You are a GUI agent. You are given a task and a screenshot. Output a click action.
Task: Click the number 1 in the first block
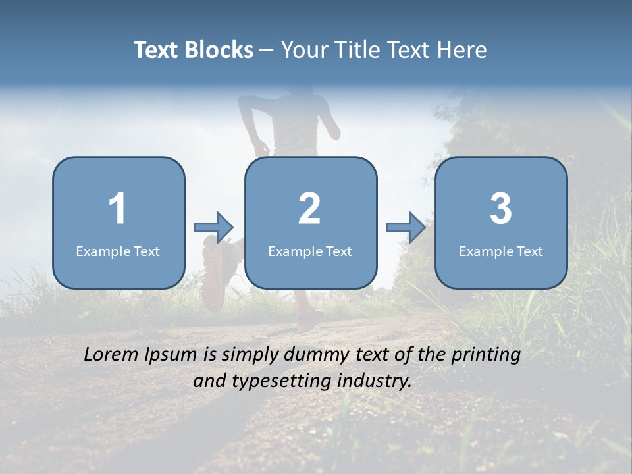pos(117,209)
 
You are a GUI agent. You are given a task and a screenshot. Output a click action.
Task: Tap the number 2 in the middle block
pos(309,209)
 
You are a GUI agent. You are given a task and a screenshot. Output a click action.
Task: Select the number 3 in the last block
pos(501,209)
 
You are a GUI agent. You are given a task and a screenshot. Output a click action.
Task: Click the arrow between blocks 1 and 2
pos(215,228)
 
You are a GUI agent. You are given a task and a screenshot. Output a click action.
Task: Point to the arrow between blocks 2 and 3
pos(406,228)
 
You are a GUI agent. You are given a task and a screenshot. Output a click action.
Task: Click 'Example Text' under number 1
pos(118,251)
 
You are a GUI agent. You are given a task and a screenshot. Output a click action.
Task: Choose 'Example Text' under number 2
pos(310,251)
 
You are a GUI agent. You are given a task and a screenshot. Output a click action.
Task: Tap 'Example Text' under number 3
pos(501,251)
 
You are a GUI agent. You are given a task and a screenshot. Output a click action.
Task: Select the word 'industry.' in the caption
pos(374,381)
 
